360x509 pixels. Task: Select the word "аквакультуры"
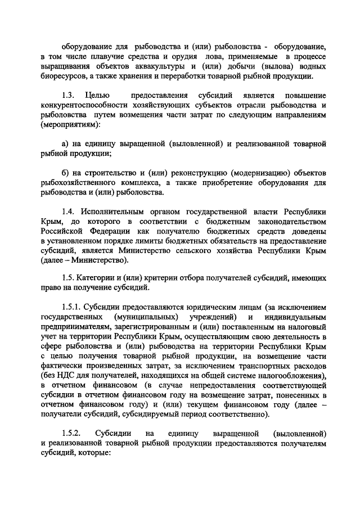coord(145,66)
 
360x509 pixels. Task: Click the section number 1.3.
coord(68,97)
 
